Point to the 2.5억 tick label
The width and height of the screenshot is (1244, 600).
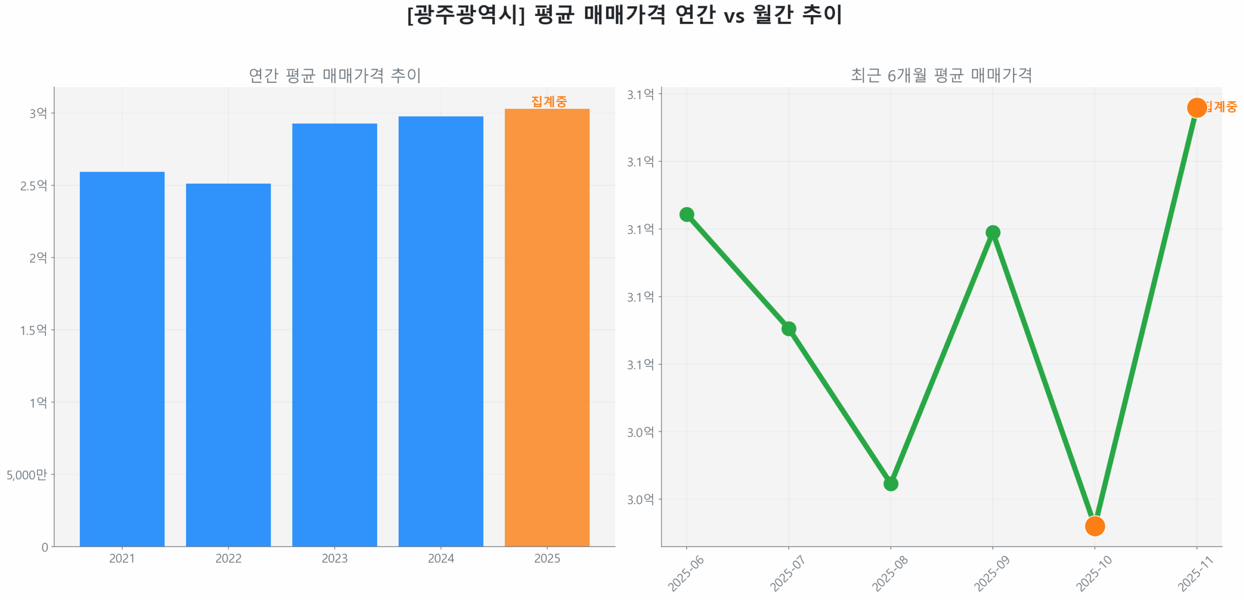coord(34,185)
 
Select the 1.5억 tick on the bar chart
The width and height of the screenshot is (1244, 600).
coord(34,330)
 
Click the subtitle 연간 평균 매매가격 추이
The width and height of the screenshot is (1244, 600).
coord(334,75)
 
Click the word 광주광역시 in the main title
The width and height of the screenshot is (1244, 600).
coord(465,15)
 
